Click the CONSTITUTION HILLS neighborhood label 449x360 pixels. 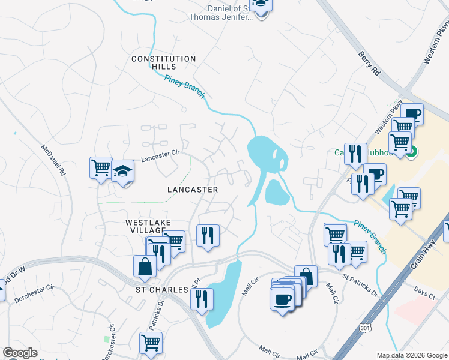tap(164, 62)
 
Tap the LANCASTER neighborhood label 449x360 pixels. tap(192, 189)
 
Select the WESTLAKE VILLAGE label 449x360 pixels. tap(145, 226)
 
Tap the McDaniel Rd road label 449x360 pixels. tap(52, 159)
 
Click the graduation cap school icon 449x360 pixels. tap(122, 172)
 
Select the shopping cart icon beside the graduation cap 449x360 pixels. tap(101, 167)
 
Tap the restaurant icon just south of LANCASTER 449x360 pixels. tap(208, 235)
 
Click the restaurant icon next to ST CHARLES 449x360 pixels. tap(202, 298)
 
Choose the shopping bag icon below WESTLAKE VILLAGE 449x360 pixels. tap(145, 266)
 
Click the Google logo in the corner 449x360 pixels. tap(20, 353)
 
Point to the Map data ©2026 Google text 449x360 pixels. tap(412, 355)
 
